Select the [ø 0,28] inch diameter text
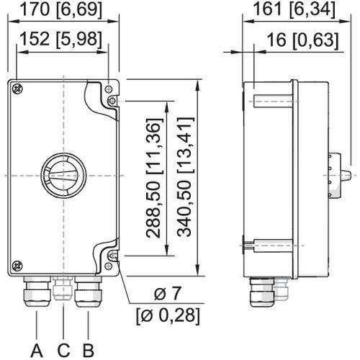[x=168, y=316]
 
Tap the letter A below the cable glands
[x=37, y=350]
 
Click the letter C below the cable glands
[x=63, y=350]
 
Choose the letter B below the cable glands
[x=88, y=350]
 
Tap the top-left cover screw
[x=17, y=89]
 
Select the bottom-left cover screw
[x=17, y=266]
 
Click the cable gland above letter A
[x=37, y=291]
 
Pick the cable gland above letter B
[x=89, y=292]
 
